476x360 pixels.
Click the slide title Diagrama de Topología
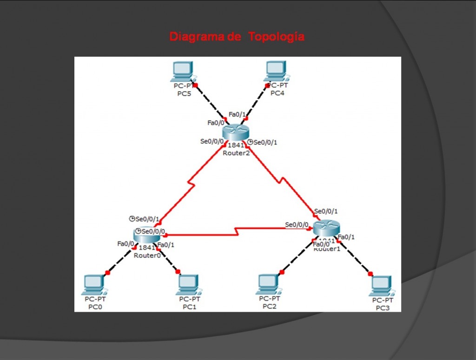[237, 36]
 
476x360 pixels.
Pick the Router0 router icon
[146, 235]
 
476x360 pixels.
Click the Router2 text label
[236, 153]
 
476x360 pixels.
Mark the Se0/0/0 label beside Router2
[212, 141]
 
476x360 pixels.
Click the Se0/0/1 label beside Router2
[265, 142]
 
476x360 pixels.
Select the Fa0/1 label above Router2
[237, 114]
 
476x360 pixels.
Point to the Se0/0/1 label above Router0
[147, 219]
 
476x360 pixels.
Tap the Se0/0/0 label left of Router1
[297, 225]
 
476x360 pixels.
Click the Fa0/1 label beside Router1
[346, 237]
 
